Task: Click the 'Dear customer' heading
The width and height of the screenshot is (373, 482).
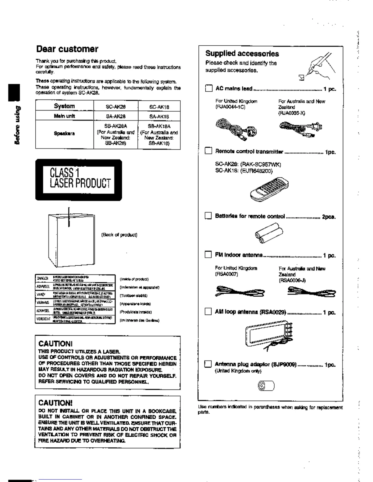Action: [67, 49]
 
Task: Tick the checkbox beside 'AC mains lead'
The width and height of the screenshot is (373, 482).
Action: [208, 89]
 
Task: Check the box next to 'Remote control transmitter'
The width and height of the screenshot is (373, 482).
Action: [208, 151]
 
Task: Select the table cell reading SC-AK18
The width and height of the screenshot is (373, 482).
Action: [159, 107]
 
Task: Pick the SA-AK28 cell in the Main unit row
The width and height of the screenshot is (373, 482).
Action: [115, 116]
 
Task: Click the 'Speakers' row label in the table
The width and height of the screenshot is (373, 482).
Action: [64, 133]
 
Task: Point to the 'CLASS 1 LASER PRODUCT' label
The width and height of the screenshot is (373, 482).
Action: [79, 180]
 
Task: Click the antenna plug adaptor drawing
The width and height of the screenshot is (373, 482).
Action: [266, 386]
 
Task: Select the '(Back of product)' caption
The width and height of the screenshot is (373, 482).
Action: [119, 235]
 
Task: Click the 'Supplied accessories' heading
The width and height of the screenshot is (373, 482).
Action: [242, 54]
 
